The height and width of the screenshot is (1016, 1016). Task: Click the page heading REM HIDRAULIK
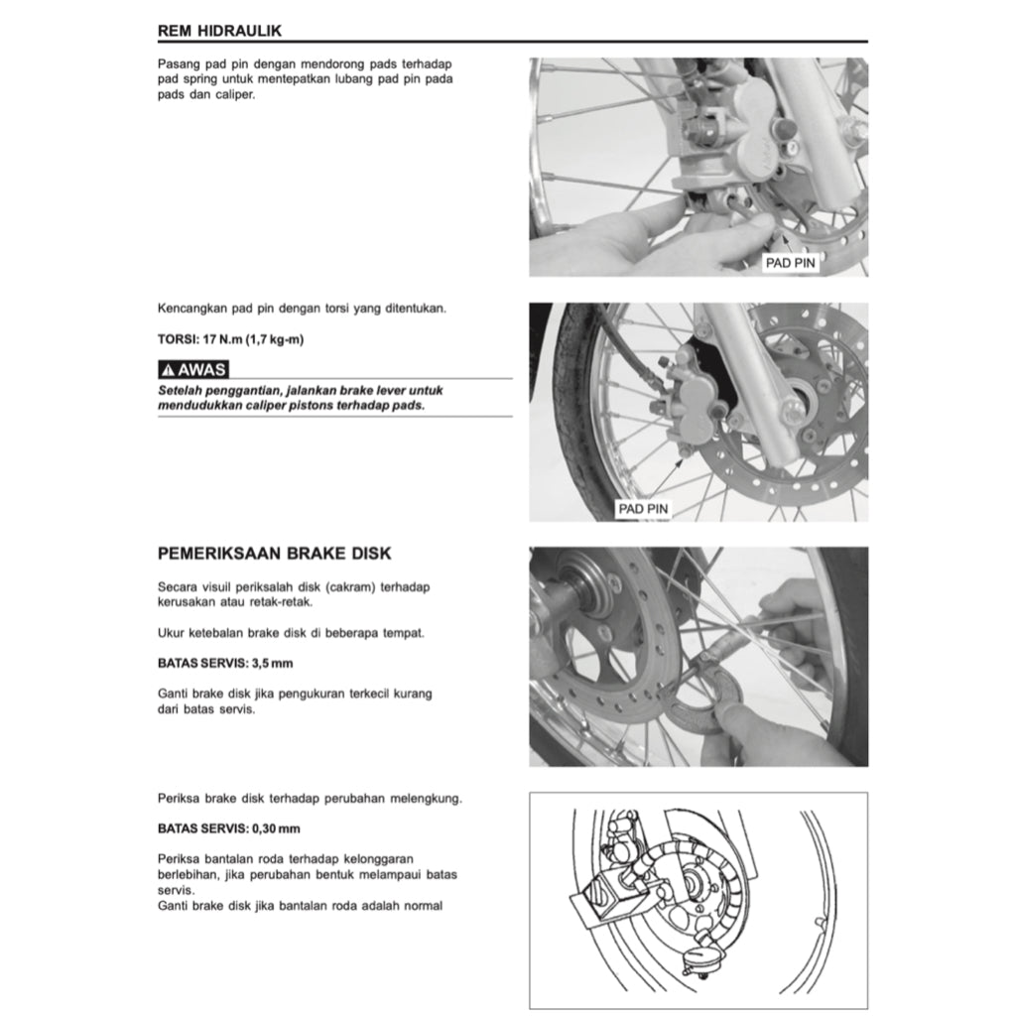(x=219, y=31)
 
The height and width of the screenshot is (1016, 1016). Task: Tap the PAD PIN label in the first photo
(x=791, y=264)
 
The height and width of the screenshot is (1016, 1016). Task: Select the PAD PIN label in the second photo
(x=643, y=509)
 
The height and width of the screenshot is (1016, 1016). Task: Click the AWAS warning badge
(x=193, y=370)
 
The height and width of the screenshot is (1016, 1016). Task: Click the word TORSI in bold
(x=179, y=339)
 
